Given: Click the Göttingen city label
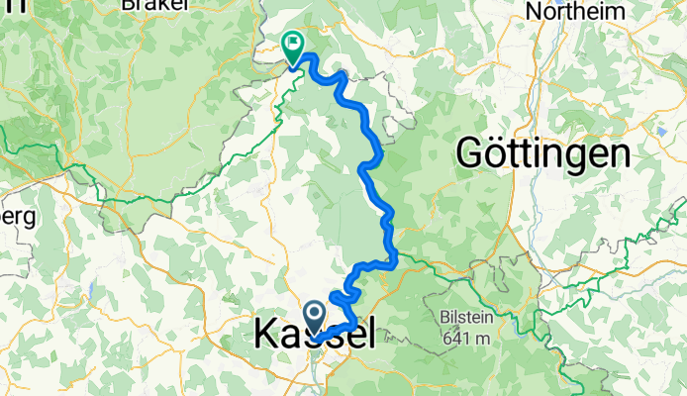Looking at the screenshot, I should [x=543, y=154].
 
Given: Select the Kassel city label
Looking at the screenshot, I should [x=315, y=335].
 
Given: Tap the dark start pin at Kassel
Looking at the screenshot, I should [x=315, y=318].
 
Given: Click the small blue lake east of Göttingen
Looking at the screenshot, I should [x=661, y=130].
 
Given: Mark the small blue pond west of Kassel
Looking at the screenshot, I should [x=88, y=290].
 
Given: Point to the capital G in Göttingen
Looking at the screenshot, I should [x=469, y=154].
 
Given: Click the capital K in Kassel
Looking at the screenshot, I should [x=265, y=335].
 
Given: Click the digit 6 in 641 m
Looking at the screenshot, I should [x=446, y=339].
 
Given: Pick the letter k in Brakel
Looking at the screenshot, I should [x=154, y=4].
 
